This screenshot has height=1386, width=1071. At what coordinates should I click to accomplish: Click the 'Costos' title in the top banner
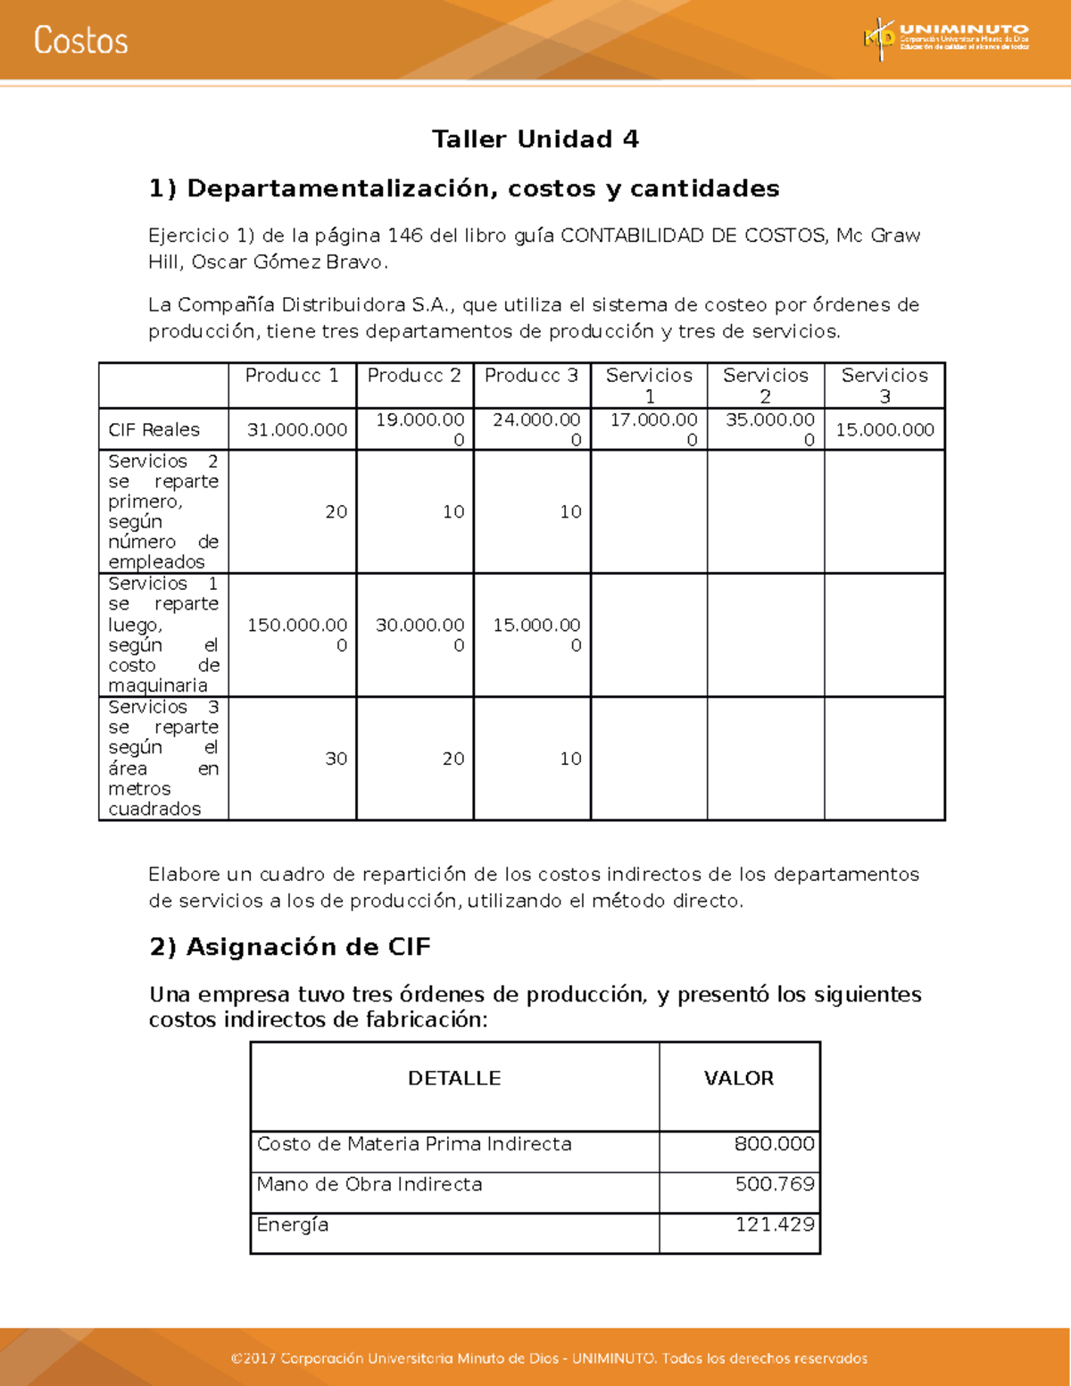(x=81, y=41)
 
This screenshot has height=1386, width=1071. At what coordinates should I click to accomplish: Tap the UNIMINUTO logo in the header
(x=946, y=38)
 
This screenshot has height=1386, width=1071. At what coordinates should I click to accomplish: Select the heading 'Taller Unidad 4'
(x=535, y=139)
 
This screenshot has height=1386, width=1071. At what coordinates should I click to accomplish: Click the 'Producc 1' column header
(x=292, y=376)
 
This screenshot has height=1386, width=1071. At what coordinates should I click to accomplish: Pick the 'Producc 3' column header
(x=531, y=376)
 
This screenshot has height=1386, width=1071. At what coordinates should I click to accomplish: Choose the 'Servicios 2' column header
(x=766, y=386)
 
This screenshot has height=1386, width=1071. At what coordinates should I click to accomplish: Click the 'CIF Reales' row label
(x=154, y=429)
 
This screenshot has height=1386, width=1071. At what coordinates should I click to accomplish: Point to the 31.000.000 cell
(x=296, y=429)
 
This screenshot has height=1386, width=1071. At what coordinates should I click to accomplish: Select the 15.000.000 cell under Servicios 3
(x=884, y=429)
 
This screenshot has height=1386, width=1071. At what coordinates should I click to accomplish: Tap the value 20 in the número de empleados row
(x=336, y=511)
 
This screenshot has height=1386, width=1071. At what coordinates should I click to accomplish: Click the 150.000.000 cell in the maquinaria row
(x=296, y=635)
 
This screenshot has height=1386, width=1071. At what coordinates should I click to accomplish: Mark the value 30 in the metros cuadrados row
(x=336, y=759)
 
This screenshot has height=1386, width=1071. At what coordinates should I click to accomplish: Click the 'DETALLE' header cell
(x=454, y=1078)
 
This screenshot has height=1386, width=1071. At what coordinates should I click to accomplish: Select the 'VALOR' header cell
(x=739, y=1078)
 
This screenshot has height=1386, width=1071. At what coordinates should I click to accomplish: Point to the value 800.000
(x=774, y=1144)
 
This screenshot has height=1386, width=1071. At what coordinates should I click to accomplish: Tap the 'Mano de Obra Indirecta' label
(x=369, y=1184)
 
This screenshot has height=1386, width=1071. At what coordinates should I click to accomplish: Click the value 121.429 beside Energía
(x=774, y=1224)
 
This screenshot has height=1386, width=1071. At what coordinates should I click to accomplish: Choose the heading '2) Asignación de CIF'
(x=290, y=947)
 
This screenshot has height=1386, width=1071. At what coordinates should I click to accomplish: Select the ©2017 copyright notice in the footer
(x=549, y=1358)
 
